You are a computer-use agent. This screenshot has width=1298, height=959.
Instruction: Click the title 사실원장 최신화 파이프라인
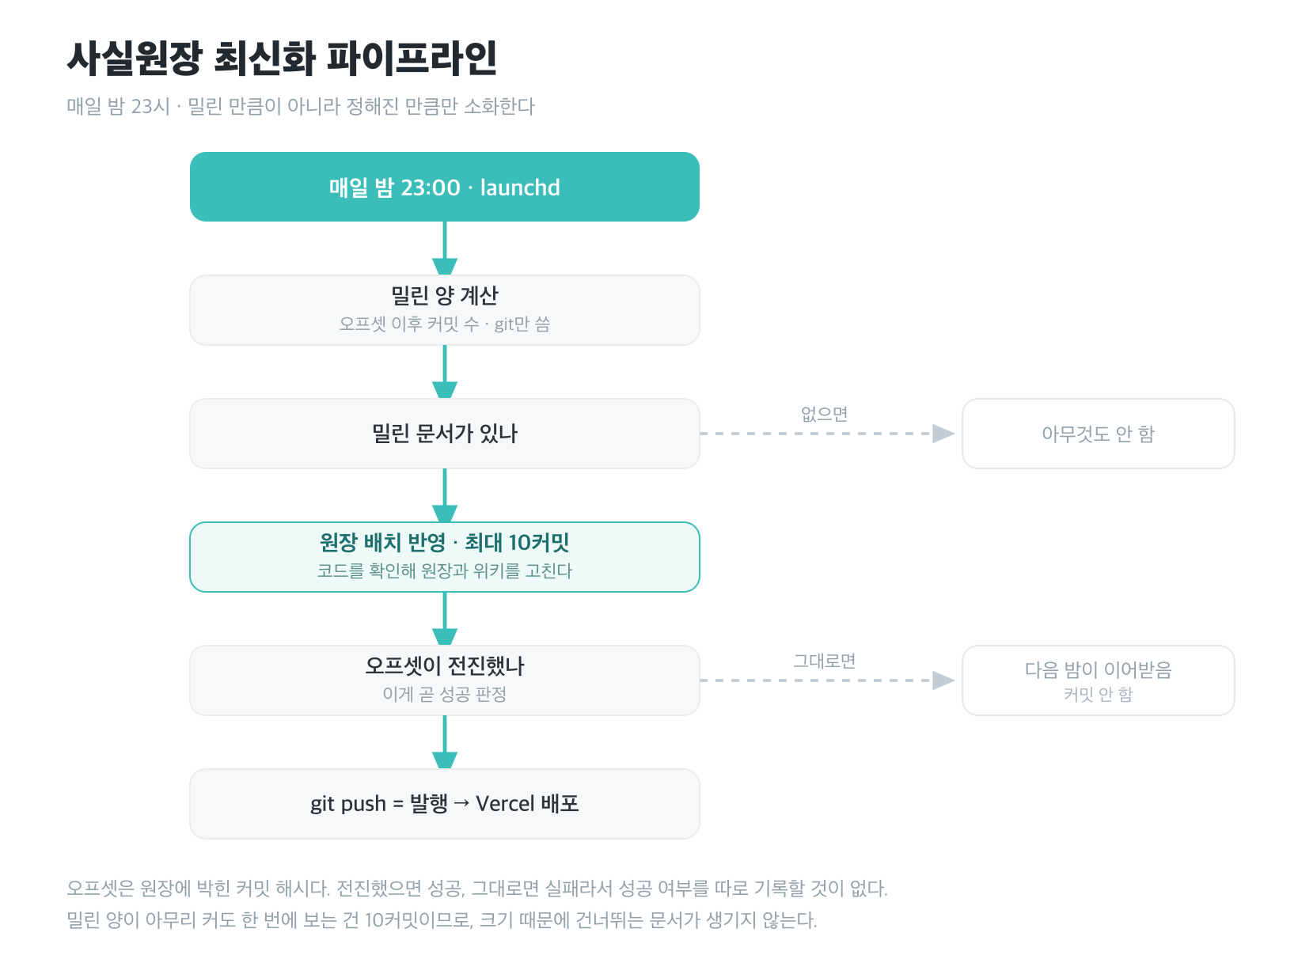(x=281, y=58)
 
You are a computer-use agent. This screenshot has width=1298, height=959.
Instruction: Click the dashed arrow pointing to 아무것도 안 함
(x=827, y=433)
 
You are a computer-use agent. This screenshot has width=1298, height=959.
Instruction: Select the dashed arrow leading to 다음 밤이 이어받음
(x=827, y=680)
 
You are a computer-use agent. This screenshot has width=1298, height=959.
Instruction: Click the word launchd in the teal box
(x=519, y=188)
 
